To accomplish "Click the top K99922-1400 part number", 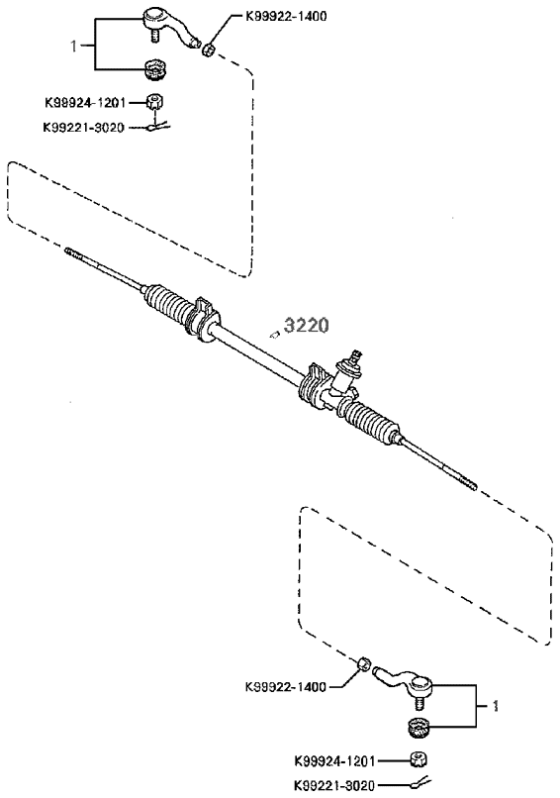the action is click(286, 16).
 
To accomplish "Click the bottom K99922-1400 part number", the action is click(285, 687).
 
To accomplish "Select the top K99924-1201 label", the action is click(85, 103).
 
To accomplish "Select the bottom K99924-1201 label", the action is click(334, 761).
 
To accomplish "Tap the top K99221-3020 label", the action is click(83, 128).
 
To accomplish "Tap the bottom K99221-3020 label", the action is click(334, 785).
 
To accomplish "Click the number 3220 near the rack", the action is click(306, 325).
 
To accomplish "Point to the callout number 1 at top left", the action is click(74, 47).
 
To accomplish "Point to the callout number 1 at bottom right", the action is click(496, 706).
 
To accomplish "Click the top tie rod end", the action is click(169, 27).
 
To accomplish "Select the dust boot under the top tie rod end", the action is click(155, 69).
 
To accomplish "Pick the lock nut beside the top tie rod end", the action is click(208, 50).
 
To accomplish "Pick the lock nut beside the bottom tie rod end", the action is click(363, 663).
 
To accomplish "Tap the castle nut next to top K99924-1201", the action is click(154, 101).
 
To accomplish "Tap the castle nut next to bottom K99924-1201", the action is click(419, 760).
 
